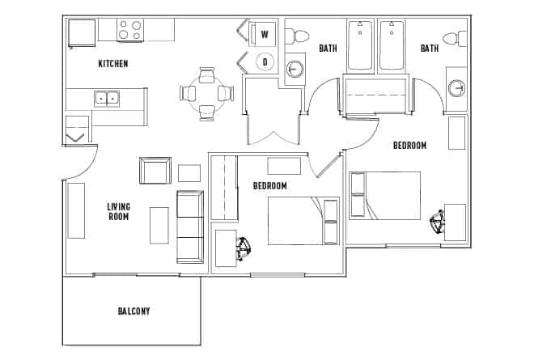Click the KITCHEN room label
[x=113, y=64]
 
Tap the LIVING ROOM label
[x=119, y=212]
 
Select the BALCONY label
[x=133, y=311]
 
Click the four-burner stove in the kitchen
[x=130, y=30]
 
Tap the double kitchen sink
[x=106, y=99]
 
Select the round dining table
[x=207, y=94]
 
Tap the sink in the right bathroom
[x=457, y=87]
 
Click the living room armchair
[x=155, y=172]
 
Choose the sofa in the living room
[x=190, y=227]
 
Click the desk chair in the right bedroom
[x=438, y=222]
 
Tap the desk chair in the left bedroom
[x=243, y=248]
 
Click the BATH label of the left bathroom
[x=328, y=49]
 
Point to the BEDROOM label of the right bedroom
[x=409, y=146]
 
